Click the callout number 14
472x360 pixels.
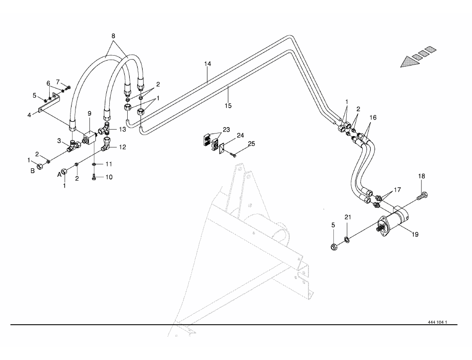coord(208,64)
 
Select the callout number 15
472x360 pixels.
coord(228,106)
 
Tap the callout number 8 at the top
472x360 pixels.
coord(113,36)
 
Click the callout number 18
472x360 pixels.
coord(421,176)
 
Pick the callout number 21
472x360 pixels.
coord(348,217)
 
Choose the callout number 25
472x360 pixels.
coord(251,144)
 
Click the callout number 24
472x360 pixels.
coord(240,135)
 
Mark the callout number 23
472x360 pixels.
coord(227,130)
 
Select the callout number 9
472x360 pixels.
coord(89,114)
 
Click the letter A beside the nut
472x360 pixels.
coord(60,174)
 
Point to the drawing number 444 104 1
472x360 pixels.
coord(437,322)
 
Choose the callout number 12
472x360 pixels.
coord(122,147)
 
